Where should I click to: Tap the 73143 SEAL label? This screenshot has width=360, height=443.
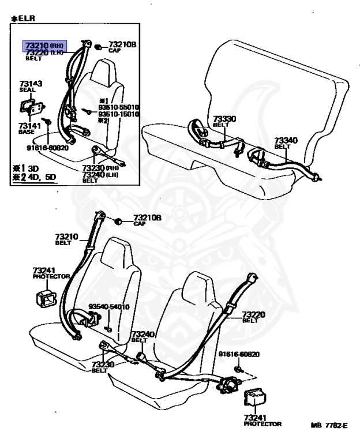30,87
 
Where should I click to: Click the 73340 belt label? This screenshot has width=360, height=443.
286,140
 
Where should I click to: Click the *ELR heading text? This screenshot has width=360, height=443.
22,18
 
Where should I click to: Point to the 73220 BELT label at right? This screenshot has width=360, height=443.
253,316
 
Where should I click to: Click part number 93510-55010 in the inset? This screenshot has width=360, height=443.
119,108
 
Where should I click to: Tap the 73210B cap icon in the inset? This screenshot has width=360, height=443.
99,46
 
